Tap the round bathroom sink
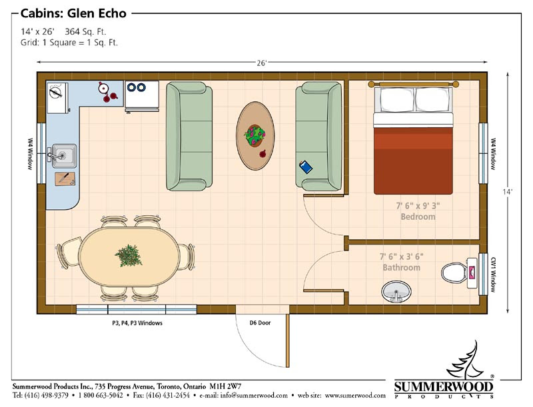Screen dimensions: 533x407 396,292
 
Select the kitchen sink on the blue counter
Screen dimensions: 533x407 63,156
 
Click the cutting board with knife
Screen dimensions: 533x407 65,179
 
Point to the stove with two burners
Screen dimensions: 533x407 142,96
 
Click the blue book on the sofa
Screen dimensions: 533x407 306,167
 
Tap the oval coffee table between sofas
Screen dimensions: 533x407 255,136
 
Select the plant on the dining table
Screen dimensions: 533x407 129,256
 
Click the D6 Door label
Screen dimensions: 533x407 260,323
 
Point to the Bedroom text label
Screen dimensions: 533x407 418,216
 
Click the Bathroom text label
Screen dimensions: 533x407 402,268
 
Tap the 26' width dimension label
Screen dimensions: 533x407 261,63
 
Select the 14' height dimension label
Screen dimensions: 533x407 507,192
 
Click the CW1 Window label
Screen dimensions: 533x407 493,274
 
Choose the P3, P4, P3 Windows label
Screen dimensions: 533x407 137,323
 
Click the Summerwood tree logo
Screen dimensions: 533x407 465,360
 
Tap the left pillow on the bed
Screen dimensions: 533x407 396,99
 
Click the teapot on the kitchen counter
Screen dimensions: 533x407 103,88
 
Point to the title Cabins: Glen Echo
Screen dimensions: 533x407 73,13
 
